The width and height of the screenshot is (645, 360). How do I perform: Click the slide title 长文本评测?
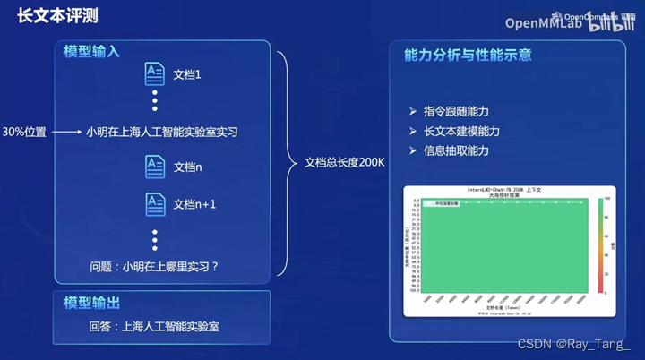(x=57, y=17)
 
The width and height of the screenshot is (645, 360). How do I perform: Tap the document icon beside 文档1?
(x=155, y=74)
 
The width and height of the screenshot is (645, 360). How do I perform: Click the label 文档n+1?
(x=194, y=204)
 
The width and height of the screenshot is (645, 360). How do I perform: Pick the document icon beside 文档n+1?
(x=155, y=204)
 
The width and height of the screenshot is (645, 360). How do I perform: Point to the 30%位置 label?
(x=24, y=132)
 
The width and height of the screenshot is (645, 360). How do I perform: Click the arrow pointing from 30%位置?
(x=66, y=132)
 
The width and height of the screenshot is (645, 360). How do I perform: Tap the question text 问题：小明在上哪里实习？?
(x=154, y=266)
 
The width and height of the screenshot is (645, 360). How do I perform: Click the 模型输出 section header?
(x=91, y=299)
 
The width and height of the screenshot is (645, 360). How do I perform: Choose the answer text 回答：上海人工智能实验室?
(x=154, y=326)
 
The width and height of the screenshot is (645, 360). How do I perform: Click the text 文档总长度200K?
(x=344, y=163)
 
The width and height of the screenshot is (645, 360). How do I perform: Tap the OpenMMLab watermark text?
(x=544, y=23)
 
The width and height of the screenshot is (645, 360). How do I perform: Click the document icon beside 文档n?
(x=155, y=167)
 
